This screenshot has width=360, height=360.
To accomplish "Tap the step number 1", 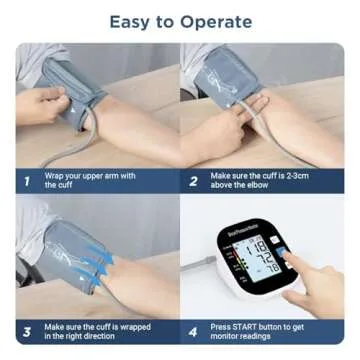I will click(x=27, y=181).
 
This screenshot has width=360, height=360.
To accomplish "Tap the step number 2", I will click(x=194, y=181).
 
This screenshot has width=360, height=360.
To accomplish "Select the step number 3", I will click(x=27, y=331).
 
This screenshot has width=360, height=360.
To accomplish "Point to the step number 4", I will click(x=194, y=331).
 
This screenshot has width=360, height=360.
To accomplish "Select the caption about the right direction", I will click(x=97, y=331).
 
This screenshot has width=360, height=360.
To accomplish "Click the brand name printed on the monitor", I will click(x=243, y=232).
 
